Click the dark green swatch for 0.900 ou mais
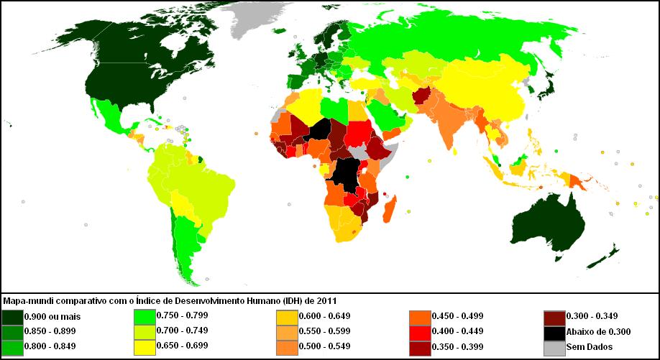(12, 316)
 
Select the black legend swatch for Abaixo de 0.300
(554, 331)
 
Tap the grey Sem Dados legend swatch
(554, 347)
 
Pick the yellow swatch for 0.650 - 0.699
(145, 347)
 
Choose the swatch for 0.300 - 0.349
(554, 316)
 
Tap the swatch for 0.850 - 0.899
(12, 331)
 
